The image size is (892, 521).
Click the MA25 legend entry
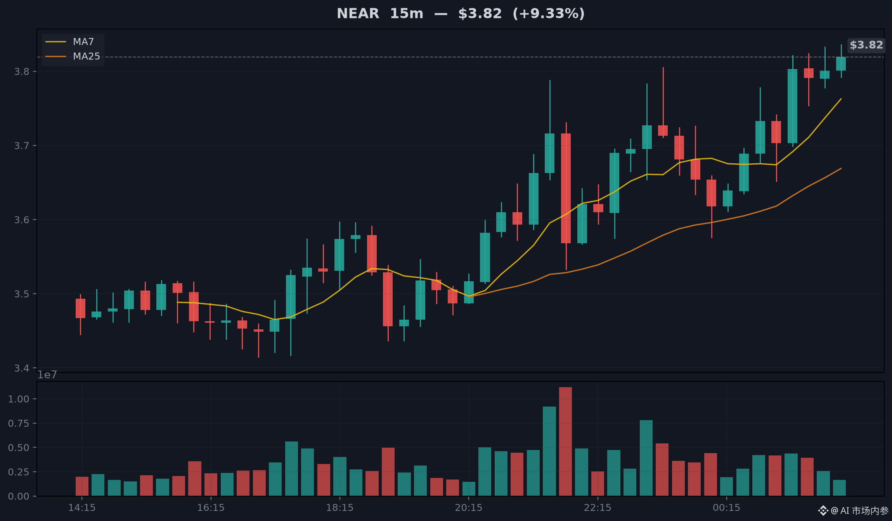73,56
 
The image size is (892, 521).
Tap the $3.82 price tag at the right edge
866,45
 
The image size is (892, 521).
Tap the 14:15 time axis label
82,507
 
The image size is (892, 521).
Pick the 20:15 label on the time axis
469,507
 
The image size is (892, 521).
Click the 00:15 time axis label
727,507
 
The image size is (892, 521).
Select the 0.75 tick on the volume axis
19,423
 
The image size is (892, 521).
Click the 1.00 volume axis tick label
19,399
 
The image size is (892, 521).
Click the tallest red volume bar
565,441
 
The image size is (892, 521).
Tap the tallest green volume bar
549,451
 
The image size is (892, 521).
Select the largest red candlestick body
566,188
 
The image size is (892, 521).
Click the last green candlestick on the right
841,64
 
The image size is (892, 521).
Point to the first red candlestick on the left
80,308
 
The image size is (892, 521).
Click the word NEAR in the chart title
358,14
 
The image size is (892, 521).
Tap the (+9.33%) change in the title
549,14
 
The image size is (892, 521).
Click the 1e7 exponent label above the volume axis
47,375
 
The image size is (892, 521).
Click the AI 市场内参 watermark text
864,511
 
